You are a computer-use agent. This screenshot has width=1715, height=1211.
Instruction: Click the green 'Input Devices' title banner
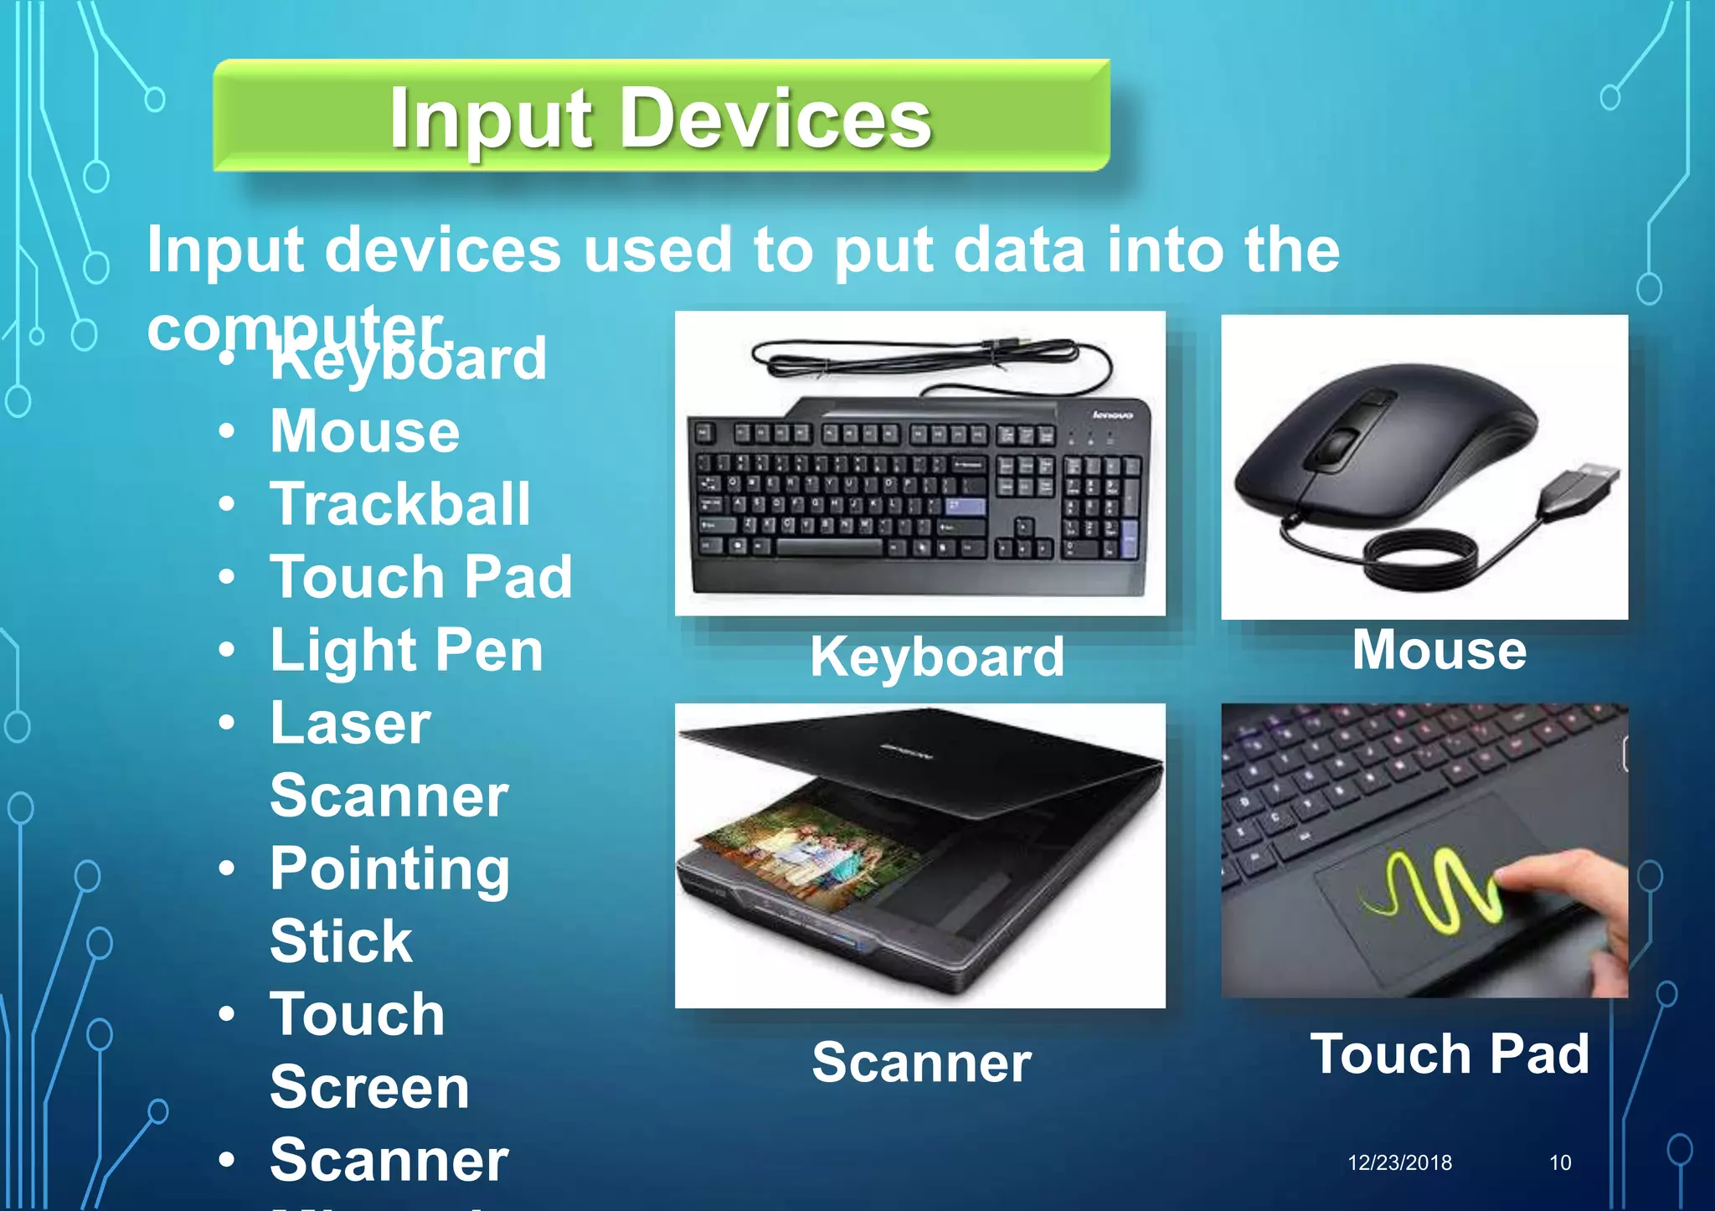[662, 116]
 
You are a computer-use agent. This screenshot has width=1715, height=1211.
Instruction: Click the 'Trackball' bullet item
[399, 504]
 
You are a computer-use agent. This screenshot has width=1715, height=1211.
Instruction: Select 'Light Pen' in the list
[406, 651]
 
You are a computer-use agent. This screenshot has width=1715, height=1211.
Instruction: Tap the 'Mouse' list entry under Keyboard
[364, 431]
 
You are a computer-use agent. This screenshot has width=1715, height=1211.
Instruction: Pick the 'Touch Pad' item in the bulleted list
[420, 577]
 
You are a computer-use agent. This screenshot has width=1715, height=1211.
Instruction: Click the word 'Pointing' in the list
[389, 869]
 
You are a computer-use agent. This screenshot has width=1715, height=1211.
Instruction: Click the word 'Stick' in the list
[341, 941]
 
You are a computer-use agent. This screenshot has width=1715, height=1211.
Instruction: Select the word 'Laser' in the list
[350, 723]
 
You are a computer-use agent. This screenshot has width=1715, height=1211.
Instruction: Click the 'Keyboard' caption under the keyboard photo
[936, 657]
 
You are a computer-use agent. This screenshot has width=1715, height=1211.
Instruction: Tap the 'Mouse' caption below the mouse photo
[1439, 650]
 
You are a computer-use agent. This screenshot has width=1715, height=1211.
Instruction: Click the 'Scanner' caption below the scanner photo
[921, 1062]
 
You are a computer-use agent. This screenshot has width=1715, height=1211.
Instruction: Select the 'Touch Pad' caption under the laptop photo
[1449, 1054]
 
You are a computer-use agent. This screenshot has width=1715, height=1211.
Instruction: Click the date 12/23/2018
[1399, 1162]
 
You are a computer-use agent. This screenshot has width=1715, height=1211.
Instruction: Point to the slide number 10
[1559, 1162]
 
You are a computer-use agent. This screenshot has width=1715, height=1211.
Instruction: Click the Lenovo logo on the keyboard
[1112, 415]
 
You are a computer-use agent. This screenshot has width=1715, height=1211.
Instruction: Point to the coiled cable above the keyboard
[921, 355]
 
